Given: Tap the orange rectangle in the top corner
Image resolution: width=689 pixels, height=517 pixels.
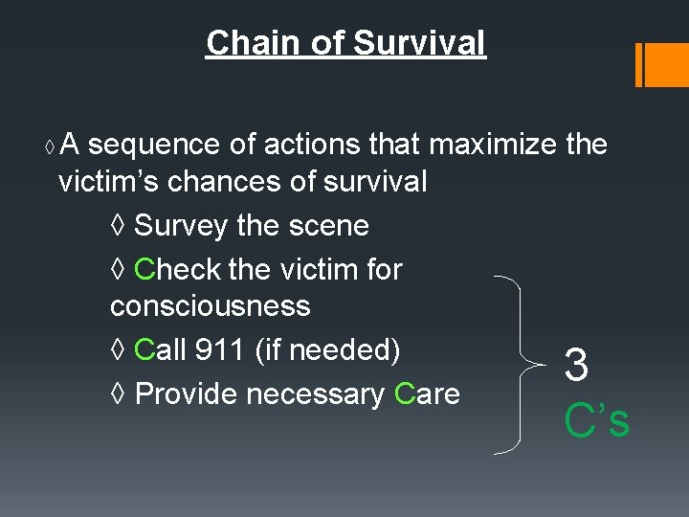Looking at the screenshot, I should pos(661,64).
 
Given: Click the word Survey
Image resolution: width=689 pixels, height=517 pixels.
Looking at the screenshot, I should pos(181,226).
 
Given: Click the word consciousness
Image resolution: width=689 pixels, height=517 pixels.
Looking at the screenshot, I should pos(211,306).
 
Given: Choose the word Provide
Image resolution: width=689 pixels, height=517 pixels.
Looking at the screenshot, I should pos(188,393).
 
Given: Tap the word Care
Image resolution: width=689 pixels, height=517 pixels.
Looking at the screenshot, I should pos(427,393).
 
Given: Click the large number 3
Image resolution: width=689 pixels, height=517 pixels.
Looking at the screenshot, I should pos(576,365).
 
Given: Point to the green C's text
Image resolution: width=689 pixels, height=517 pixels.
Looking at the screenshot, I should pos(597,420).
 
